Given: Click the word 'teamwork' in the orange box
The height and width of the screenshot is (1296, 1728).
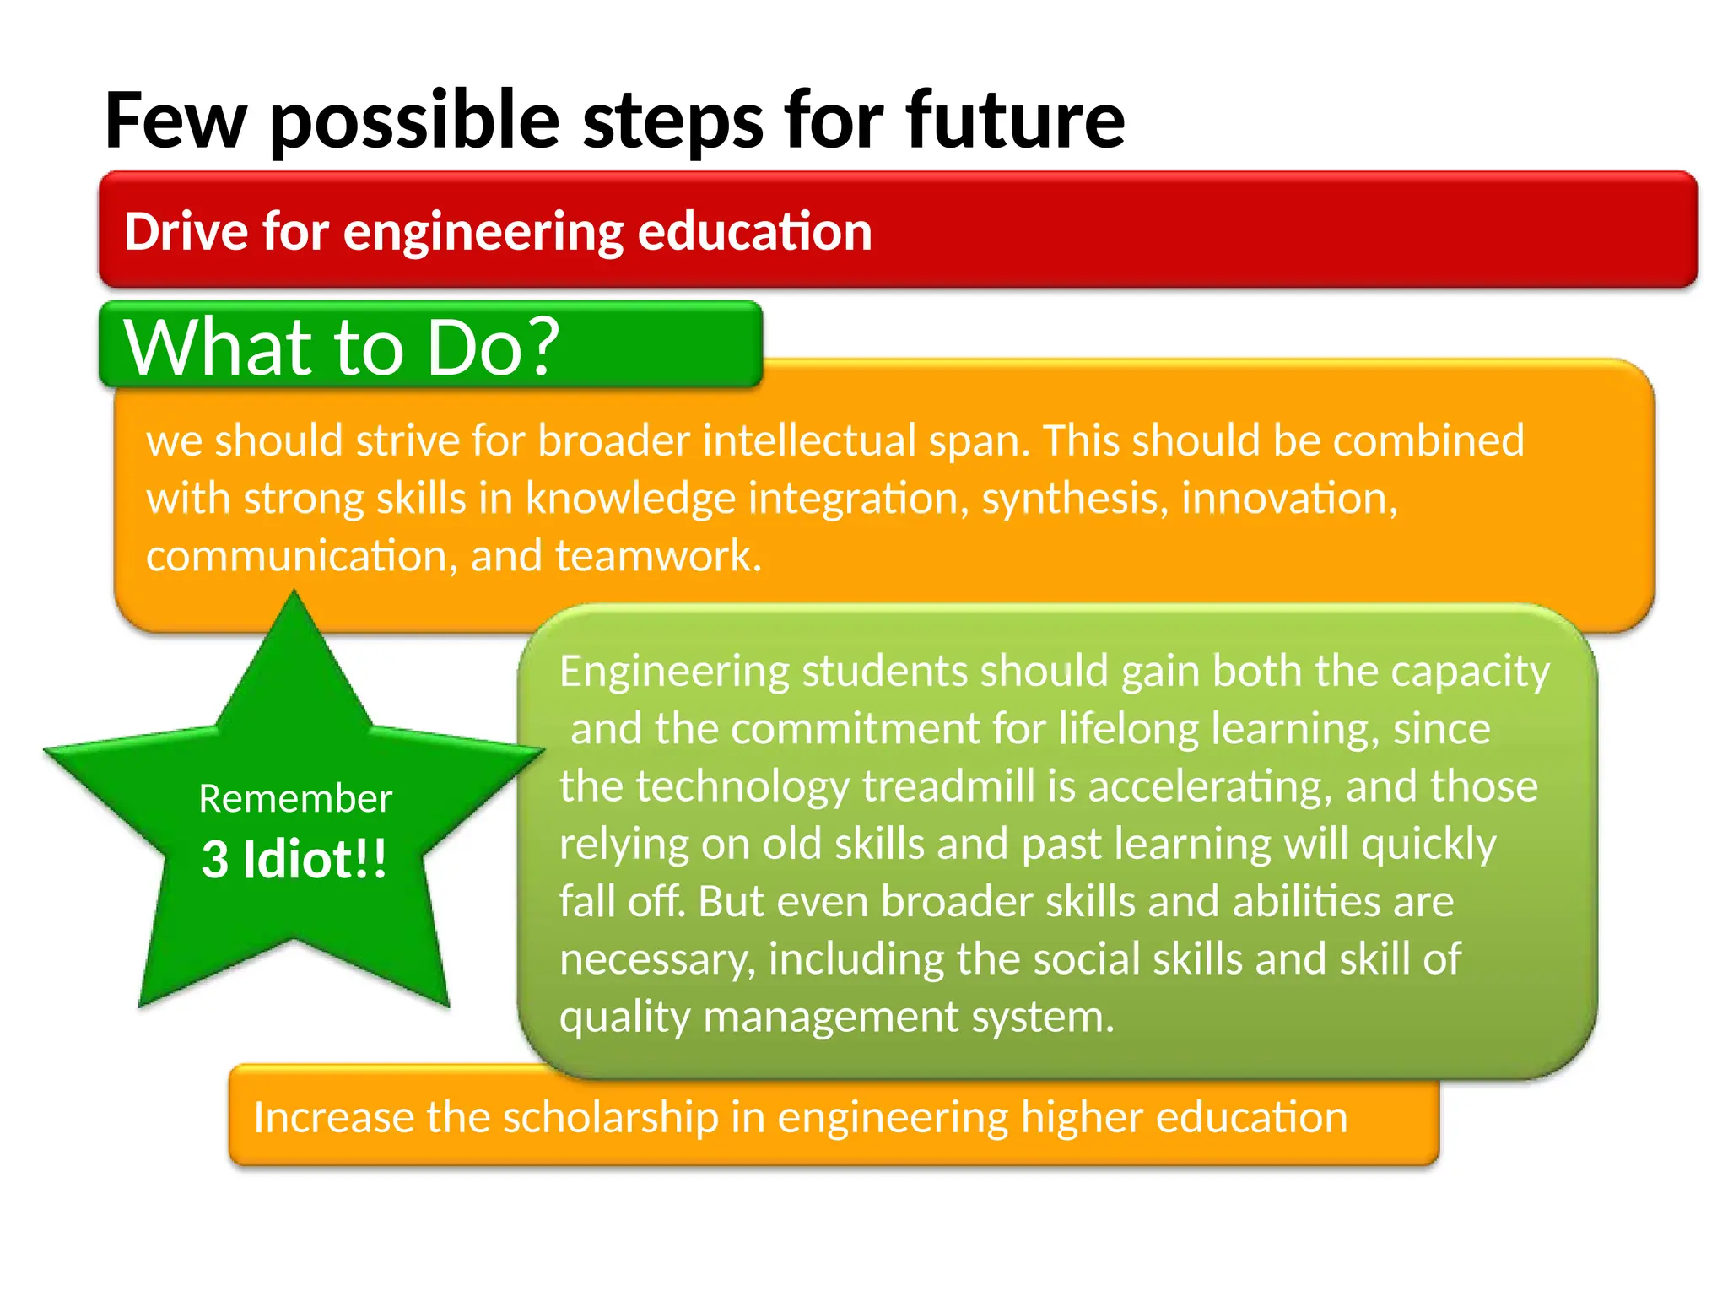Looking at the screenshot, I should [x=657, y=556].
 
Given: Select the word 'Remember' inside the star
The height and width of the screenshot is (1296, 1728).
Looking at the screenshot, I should [x=295, y=798].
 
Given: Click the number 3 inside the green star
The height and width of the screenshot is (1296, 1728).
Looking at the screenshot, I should [x=215, y=860].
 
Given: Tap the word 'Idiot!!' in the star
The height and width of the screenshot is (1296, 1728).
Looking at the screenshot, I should [x=315, y=860].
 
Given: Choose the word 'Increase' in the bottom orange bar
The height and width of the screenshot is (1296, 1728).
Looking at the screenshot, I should [x=334, y=1117].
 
